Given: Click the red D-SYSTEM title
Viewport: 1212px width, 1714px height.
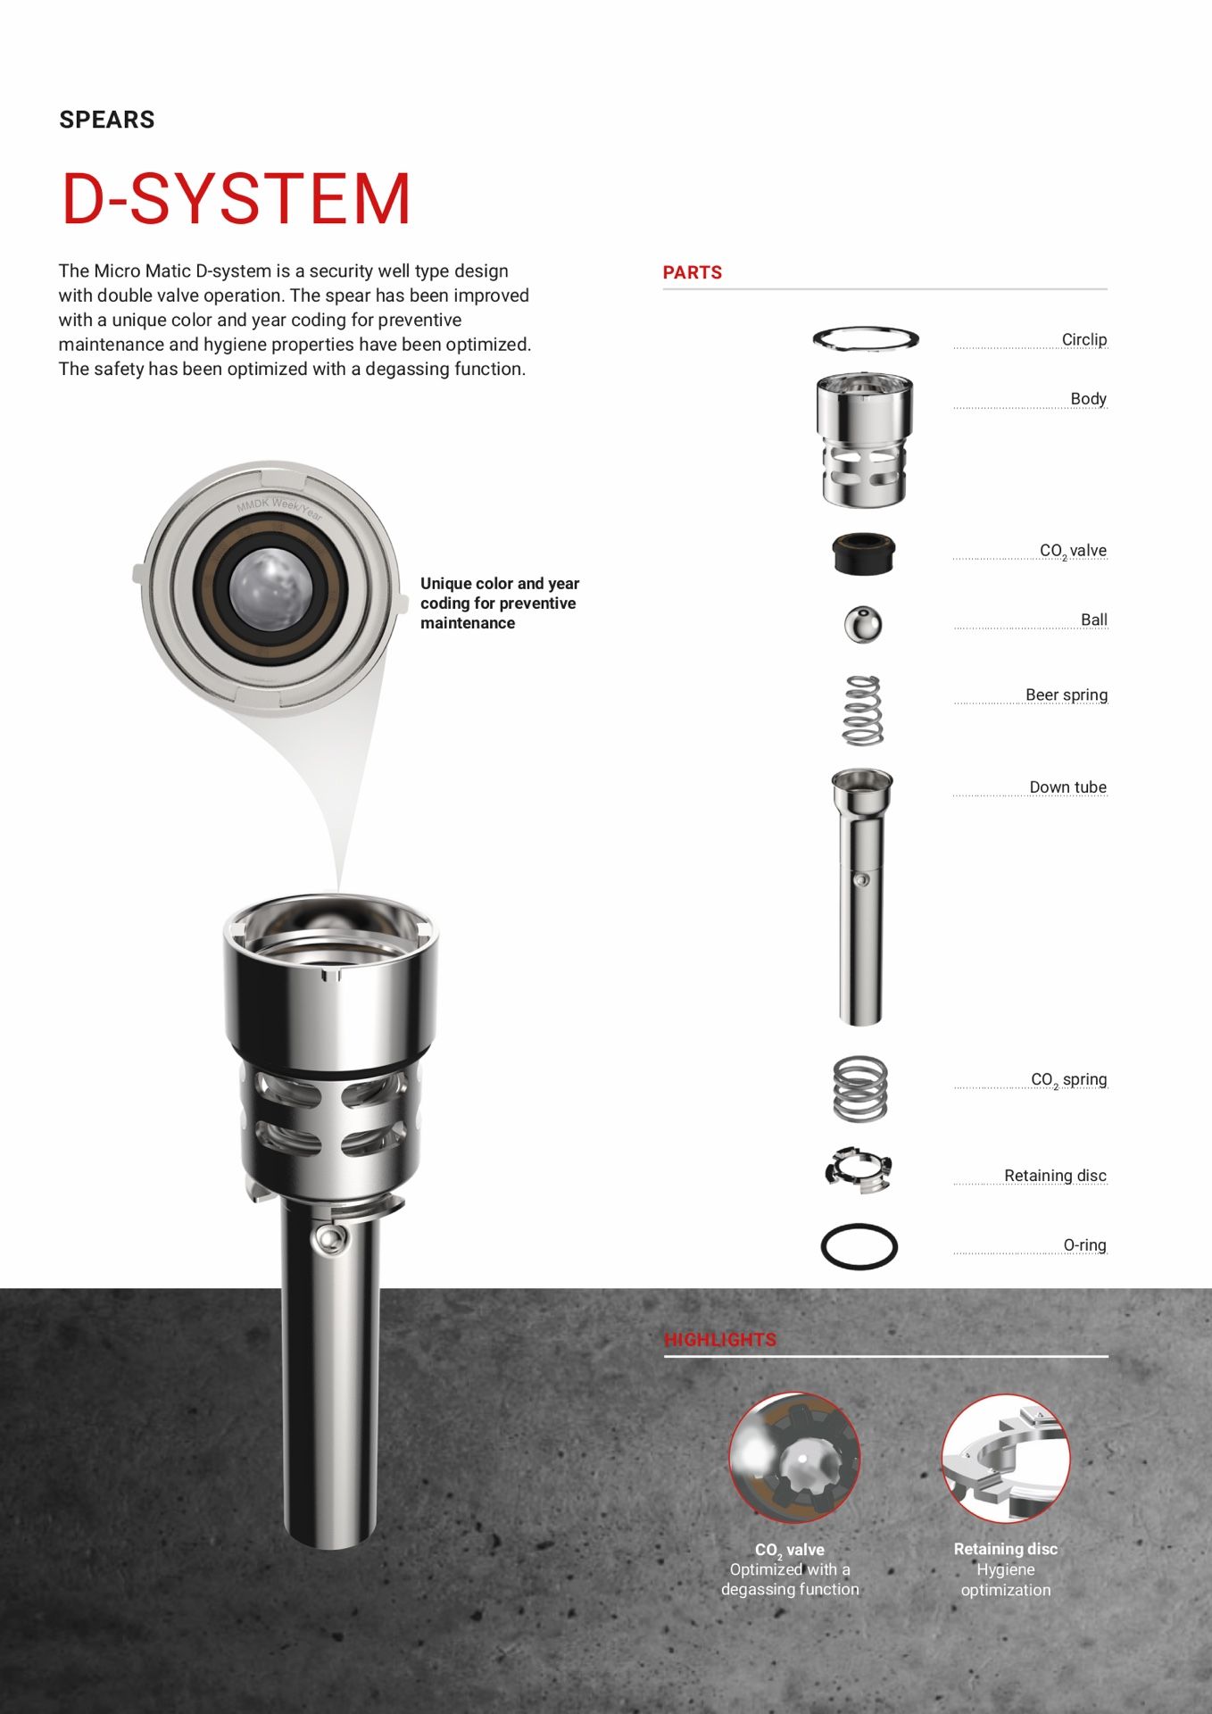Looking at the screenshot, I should point(236,198).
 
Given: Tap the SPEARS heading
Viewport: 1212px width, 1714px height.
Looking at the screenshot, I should point(107,120).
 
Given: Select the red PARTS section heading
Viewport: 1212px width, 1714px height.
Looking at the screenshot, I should point(692,272).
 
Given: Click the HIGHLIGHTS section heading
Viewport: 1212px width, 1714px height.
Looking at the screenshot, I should point(719,1339).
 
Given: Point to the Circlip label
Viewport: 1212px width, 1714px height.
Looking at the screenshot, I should point(1083,339).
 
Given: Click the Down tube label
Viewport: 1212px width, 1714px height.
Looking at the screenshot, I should point(1067,786).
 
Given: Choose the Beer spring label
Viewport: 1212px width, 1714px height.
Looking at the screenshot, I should point(1066,695).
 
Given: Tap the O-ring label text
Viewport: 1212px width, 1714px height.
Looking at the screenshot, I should point(1084,1244).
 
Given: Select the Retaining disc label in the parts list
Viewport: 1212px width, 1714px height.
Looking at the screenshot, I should point(1055,1175).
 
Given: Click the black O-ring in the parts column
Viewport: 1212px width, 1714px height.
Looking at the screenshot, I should point(859,1246).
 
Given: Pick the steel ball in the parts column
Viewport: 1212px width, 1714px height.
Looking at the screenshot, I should point(863,624).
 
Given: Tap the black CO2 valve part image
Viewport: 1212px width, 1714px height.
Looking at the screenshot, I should point(863,553).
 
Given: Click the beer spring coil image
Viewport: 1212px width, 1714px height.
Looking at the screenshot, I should point(863,711).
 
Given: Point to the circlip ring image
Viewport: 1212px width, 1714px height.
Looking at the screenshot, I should point(865,338).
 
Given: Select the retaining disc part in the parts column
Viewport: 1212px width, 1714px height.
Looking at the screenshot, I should point(859,1169).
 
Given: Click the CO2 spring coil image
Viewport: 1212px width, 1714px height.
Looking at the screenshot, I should point(860,1088).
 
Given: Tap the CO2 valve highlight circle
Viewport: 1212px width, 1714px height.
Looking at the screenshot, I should point(794,1458).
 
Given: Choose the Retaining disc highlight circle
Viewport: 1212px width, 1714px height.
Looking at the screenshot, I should point(1006,1458).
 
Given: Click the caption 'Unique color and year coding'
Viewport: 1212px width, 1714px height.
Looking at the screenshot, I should point(499,603).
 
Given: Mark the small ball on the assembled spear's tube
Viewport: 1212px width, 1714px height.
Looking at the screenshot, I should point(329,1238).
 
